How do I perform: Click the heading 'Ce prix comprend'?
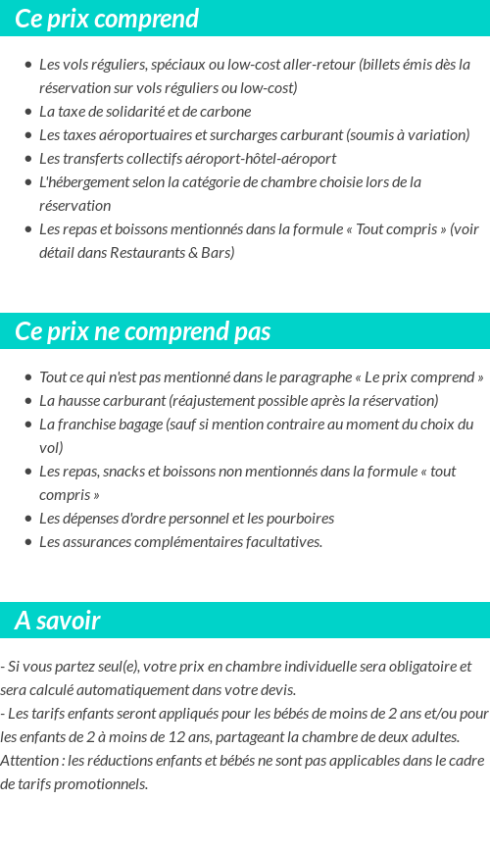click(x=107, y=19)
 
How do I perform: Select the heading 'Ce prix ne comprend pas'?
click(x=142, y=331)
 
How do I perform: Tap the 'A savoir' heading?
click(x=58, y=621)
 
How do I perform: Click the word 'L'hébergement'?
click(x=83, y=182)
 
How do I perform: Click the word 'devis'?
click(x=276, y=690)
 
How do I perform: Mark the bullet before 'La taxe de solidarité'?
click(x=27, y=112)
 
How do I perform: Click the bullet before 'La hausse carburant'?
click(x=27, y=401)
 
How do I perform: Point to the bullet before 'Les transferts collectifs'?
click(x=27, y=159)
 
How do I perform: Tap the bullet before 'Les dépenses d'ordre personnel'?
click(x=27, y=519)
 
